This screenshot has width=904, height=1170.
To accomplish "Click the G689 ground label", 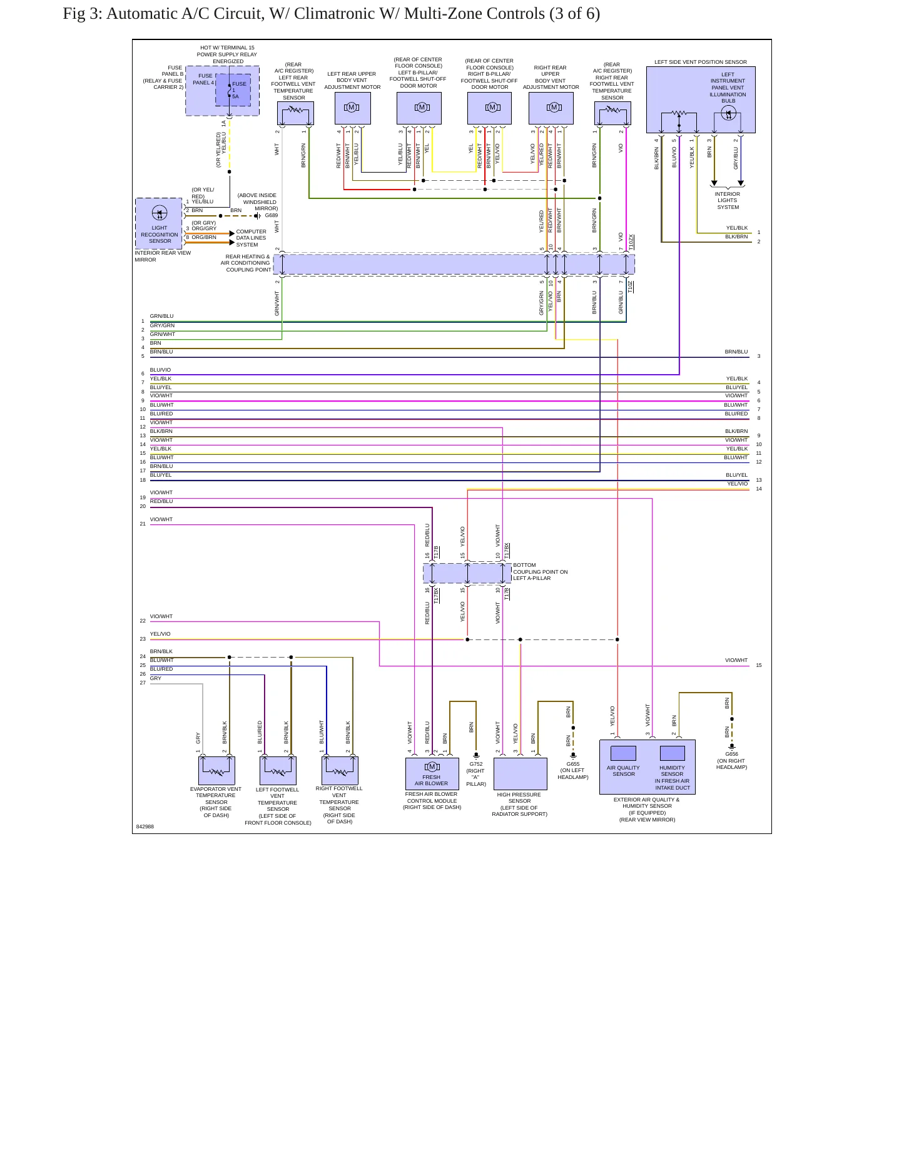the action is [x=272, y=216].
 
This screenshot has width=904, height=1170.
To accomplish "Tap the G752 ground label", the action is [x=476, y=764].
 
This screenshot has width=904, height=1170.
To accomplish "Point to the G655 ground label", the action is [x=573, y=764].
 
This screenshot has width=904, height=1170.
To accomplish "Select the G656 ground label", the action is [x=731, y=755].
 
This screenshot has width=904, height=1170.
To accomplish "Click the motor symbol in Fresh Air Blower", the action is [x=432, y=767].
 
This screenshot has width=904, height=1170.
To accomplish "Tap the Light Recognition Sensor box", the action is [x=159, y=223].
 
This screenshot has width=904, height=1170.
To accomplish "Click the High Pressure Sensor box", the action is [x=521, y=774].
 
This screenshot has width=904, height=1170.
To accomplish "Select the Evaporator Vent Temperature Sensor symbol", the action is [x=216, y=771].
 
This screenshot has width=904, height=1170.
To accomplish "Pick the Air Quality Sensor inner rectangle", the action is [x=623, y=753].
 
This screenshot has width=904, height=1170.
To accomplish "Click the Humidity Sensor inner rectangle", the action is [x=673, y=753].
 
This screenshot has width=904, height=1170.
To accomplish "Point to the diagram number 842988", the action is [x=145, y=827].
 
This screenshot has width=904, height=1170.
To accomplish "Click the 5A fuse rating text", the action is [x=235, y=96].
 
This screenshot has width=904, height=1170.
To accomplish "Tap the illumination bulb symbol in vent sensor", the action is [x=728, y=113].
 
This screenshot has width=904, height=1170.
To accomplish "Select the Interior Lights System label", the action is [x=728, y=201].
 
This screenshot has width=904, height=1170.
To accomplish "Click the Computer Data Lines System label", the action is [x=251, y=238].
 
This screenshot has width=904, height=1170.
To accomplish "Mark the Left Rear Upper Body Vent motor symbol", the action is [x=352, y=108].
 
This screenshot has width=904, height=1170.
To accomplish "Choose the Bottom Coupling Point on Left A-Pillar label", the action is [x=541, y=572].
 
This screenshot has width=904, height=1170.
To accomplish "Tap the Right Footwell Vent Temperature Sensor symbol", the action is [x=340, y=771].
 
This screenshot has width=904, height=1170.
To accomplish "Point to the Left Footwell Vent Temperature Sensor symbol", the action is [x=278, y=771].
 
